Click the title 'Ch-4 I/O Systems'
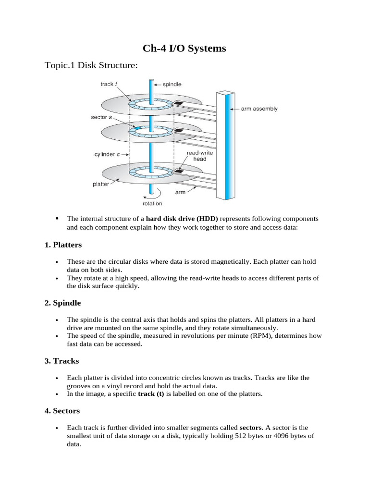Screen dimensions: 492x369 [184, 49]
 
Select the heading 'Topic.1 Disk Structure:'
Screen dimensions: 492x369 [91, 65]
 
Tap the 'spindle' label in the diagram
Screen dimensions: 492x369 [172, 84]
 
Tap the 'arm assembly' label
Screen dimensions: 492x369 [259, 109]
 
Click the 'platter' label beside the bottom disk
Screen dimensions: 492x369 [100, 183]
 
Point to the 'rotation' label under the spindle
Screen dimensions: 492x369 [152, 203]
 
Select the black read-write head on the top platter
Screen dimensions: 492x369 [179, 103]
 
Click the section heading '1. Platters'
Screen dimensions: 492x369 [63, 245]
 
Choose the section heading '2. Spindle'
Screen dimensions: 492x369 [62, 303]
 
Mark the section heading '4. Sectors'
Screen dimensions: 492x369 [62, 411]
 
